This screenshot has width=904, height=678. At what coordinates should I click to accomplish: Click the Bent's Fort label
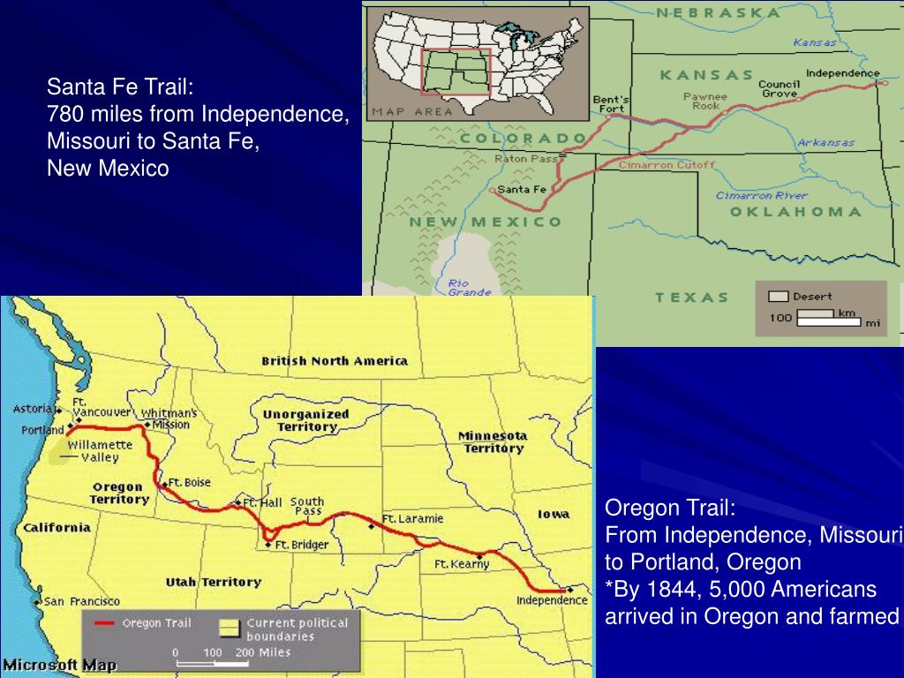point(611,103)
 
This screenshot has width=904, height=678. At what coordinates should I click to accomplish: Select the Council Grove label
point(779,89)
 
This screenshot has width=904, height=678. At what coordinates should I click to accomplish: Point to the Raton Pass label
point(526,159)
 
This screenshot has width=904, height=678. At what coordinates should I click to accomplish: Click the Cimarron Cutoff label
point(654,165)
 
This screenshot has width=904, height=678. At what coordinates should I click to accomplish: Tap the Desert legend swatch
point(778,297)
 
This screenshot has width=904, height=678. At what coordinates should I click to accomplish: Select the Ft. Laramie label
point(412,518)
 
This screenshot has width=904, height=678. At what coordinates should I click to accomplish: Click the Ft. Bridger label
point(301,545)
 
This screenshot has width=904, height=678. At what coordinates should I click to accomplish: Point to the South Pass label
point(307,506)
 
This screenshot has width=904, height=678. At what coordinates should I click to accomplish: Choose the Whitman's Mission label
point(169,418)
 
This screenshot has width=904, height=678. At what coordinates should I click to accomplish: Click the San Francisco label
point(82,600)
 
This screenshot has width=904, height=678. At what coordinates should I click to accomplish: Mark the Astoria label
point(33,410)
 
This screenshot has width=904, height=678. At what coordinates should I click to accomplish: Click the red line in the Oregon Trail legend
point(105,622)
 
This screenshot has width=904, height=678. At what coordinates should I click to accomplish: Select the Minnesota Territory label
point(493,441)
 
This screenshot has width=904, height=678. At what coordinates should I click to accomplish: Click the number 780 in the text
point(63,114)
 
